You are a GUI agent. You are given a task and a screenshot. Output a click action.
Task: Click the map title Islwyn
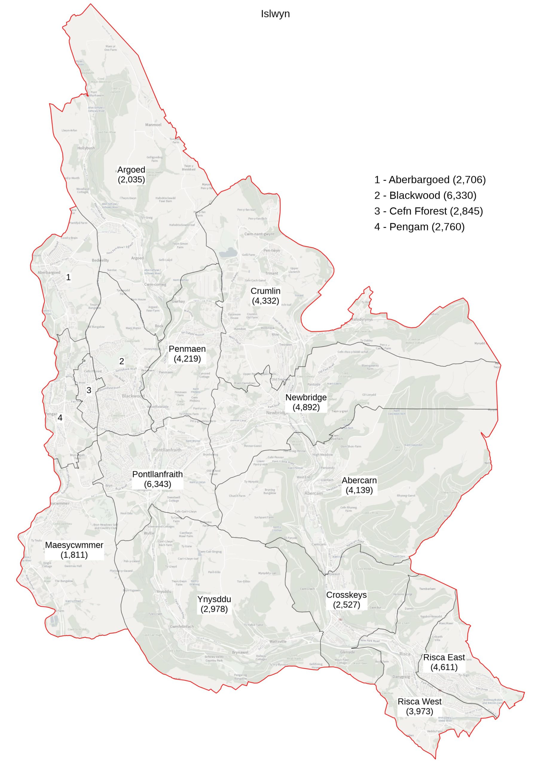point(275,14)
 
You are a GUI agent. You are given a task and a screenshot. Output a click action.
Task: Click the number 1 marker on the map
point(68,277)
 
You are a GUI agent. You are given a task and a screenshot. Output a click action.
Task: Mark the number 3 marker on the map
point(89,390)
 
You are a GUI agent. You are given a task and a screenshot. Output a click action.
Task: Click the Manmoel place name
point(153,125)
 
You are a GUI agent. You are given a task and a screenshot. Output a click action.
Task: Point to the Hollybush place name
point(86,148)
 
